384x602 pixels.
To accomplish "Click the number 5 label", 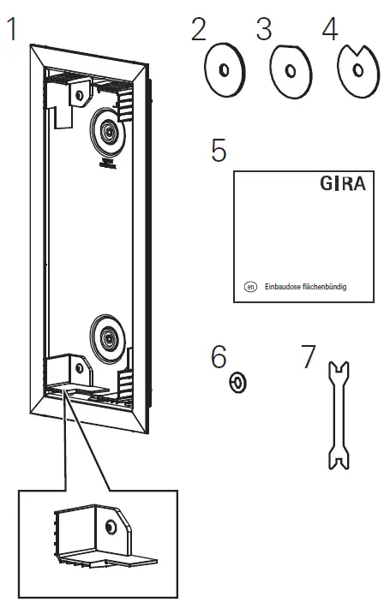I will (219, 151).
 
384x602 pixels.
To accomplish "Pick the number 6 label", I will (219, 356).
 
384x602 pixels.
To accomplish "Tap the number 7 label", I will (309, 356).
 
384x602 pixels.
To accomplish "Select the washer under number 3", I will (289, 73).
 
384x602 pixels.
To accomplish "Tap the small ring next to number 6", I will (238, 381).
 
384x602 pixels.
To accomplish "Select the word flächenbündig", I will (333, 287).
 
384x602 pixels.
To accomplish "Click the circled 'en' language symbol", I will (251, 287).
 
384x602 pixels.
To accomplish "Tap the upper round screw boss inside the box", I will (108, 130).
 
